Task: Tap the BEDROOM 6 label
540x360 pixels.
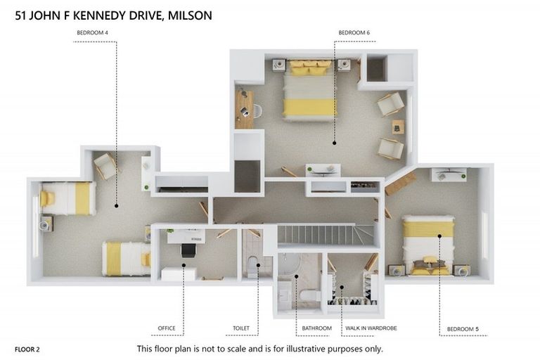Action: [x=354, y=32]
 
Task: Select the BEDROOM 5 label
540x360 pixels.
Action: [x=462, y=329]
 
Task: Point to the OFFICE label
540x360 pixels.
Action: [x=167, y=328]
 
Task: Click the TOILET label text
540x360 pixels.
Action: [x=241, y=328]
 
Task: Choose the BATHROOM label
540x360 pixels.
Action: [x=316, y=328]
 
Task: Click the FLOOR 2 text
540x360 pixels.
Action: [x=27, y=349]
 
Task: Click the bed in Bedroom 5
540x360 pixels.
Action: [x=427, y=243]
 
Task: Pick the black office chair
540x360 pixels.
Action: [x=188, y=249]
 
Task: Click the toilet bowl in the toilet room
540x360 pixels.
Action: [x=253, y=267]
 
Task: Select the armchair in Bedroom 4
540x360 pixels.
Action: [x=105, y=166]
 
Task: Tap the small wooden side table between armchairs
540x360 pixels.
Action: [x=398, y=127]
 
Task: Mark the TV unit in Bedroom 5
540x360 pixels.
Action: [x=449, y=174]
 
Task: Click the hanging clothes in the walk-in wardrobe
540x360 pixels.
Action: [x=352, y=301]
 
